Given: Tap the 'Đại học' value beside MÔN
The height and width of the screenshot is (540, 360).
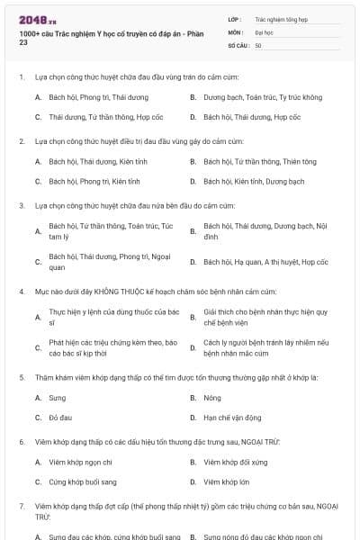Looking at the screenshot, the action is pos(264,31).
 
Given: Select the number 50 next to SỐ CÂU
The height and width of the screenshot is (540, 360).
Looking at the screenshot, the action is pos(258,44).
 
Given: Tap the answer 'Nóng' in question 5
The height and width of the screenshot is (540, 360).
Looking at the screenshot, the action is pos(212,397).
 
